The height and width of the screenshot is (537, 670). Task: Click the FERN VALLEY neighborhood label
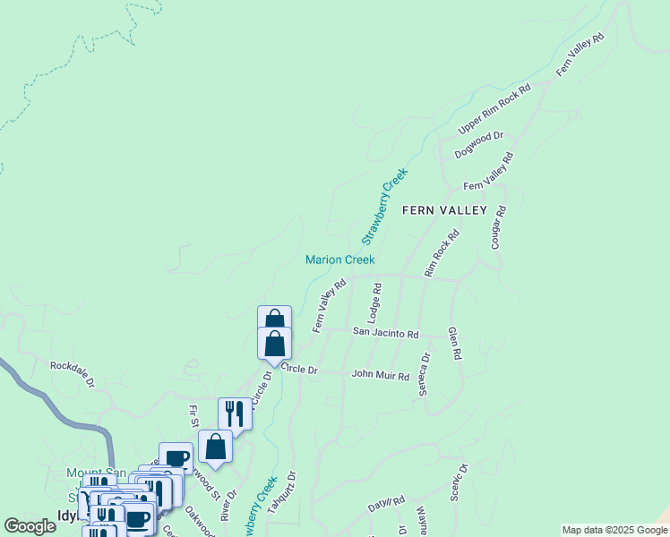444,210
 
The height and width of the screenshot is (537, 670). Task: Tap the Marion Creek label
339,260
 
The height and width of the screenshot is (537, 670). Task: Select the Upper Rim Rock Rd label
494,110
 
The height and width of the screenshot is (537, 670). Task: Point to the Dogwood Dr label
479,146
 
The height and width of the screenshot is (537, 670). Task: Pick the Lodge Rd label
377,303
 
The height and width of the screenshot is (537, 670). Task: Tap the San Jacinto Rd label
385,334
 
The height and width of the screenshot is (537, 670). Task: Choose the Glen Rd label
455,343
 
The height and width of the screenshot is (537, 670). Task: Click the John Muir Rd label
380,375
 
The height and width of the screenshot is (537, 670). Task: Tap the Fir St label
193,416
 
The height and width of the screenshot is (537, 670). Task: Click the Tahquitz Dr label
290,491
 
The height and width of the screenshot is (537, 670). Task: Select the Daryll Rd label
387,505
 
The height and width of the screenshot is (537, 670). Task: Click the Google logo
30,526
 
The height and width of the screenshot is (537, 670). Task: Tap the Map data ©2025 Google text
614,530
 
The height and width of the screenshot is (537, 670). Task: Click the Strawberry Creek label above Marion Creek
384,207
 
